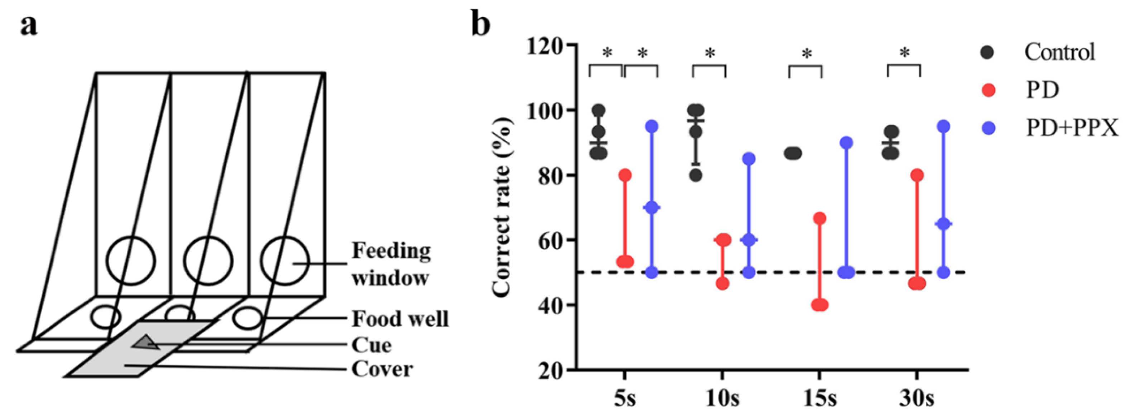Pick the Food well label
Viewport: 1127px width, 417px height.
point(400,319)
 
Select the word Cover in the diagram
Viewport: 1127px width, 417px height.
point(382,369)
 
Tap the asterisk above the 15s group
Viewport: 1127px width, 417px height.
point(806,55)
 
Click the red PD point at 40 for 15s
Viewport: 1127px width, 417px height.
point(819,305)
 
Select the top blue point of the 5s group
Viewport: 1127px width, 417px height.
point(652,126)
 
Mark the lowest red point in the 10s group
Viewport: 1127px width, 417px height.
point(722,283)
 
